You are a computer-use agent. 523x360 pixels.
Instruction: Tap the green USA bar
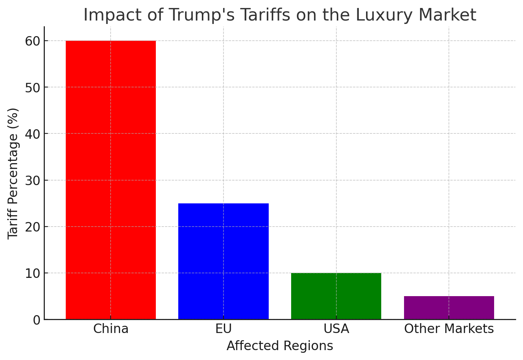point(336,296)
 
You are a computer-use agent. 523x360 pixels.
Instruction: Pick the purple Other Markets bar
point(449,308)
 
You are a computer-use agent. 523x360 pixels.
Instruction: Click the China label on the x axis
point(111,329)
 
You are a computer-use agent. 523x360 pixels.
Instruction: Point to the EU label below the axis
point(223,329)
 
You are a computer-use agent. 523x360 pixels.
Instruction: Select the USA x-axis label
point(336,329)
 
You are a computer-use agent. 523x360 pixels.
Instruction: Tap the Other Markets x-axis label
point(449,329)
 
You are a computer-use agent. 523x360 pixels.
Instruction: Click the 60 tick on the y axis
point(32,41)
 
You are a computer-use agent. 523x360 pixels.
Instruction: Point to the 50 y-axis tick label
point(32,87)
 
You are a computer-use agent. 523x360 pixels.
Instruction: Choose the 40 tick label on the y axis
point(32,134)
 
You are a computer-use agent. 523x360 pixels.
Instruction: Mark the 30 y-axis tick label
point(32,180)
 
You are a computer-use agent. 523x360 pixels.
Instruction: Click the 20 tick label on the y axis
point(32,227)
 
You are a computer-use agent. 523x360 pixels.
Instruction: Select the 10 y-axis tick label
point(32,273)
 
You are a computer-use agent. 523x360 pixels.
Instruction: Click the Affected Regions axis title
point(280,346)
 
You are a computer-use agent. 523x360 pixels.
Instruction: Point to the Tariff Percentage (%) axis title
point(13,173)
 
